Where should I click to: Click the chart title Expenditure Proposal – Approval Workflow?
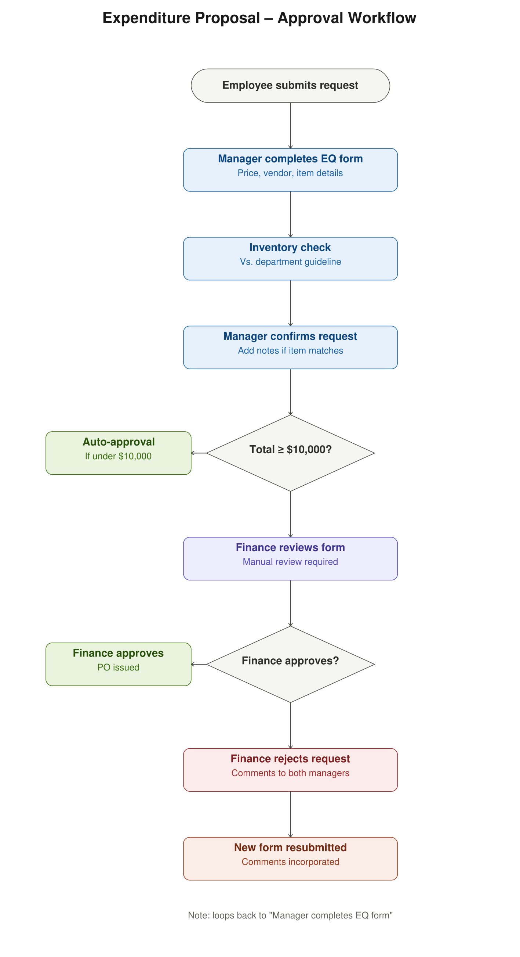tap(259, 18)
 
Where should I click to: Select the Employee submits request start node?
tap(290, 86)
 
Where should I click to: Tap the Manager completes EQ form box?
tap(290, 170)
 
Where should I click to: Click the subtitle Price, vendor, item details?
tap(290, 173)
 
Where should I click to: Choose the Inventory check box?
tap(290, 259)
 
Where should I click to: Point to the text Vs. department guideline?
tap(290, 262)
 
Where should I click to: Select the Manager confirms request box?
tap(290, 348)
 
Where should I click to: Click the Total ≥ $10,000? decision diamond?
tap(290, 453)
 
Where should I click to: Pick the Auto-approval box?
tap(119, 453)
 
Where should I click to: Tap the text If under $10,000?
tap(119, 456)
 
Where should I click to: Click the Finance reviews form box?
tap(290, 558)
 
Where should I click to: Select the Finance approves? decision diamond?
tap(290, 664)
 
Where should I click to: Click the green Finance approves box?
tap(119, 664)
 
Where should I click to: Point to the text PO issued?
tap(119, 668)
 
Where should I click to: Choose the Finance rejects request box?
tap(290, 770)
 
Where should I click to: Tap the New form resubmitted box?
tap(290, 859)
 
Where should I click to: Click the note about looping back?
tap(290, 915)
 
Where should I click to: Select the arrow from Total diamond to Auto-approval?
tap(199, 453)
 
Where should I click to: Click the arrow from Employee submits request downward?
tap(290, 126)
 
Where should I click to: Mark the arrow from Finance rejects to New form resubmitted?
tap(290, 814)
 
